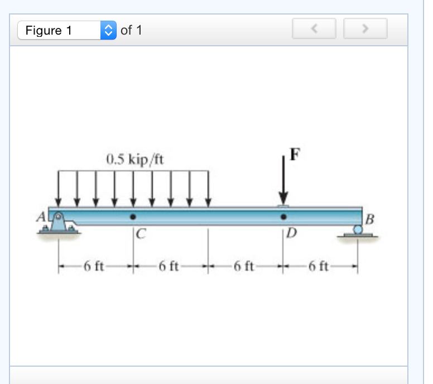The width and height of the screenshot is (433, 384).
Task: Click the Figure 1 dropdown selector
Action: click(67, 30)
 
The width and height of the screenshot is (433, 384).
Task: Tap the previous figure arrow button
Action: click(314, 29)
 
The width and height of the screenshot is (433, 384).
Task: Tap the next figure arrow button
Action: click(365, 29)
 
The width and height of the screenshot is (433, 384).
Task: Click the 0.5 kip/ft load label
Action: click(134, 160)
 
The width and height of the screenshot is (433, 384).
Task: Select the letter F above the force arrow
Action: click(294, 155)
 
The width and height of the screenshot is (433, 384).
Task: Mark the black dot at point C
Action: click(133, 217)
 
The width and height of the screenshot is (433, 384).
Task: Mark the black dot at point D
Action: click(284, 217)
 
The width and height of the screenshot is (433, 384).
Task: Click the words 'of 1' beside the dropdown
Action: click(131, 30)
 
